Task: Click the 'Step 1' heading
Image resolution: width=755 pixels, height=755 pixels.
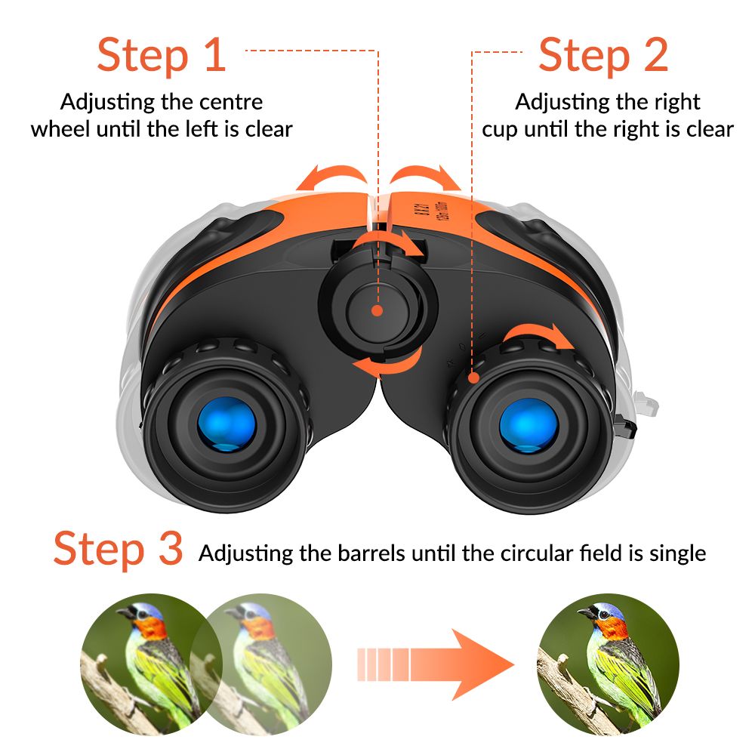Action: pyautogui.click(x=162, y=55)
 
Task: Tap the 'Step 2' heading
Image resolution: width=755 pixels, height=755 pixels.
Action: pyautogui.click(x=603, y=55)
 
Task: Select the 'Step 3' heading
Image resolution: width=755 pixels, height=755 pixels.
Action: pyautogui.click(x=118, y=548)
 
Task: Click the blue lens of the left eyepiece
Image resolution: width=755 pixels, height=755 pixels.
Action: pyautogui.click(x=226, y=424)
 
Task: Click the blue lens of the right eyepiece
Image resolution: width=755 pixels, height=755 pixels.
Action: pyautogui.click(x=528, y=425)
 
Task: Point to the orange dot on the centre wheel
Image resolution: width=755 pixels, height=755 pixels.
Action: pyautogui.click(x=377, y=310)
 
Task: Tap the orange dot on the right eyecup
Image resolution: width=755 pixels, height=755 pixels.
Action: pyautogui.click(x=474, y=378)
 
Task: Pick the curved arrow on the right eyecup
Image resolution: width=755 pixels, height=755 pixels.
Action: pyautogui.click(x=535, y=329)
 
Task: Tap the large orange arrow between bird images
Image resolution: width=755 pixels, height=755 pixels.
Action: pyautogui.click(x=436, y=664)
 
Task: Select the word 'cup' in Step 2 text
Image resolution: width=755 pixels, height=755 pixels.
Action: pyautogui.click(x=500, y=130)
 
